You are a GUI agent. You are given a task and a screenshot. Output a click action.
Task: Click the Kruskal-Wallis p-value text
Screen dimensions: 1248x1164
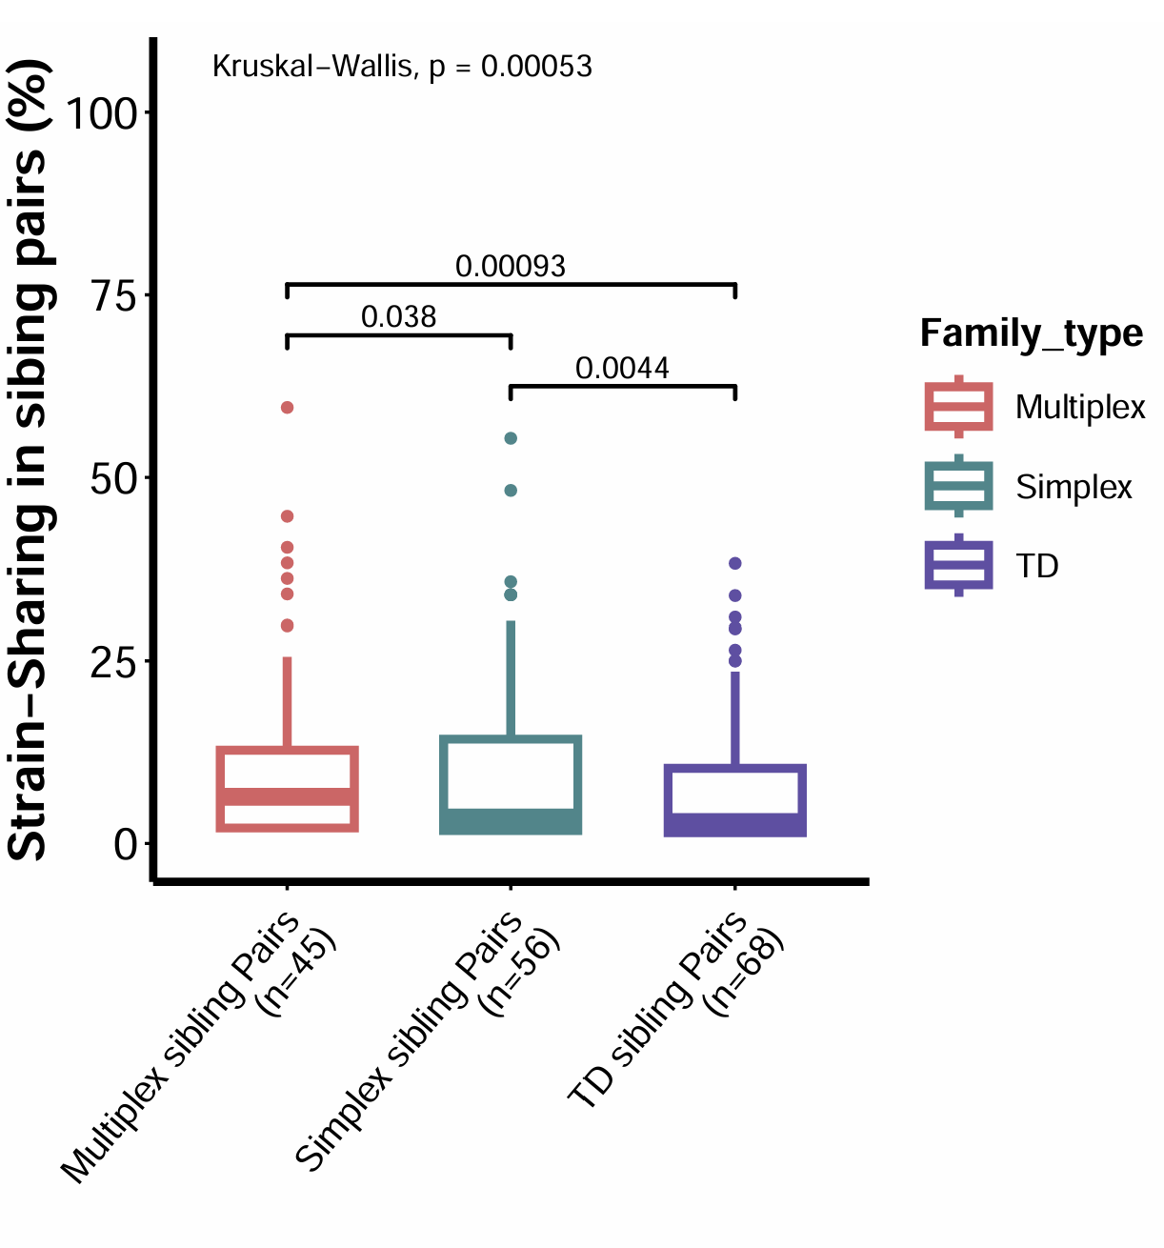pos(401,67)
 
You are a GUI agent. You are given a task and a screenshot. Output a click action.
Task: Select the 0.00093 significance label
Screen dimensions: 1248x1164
pos(510,267)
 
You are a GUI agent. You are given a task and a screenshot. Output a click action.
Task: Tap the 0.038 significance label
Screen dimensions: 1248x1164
pos(398,317)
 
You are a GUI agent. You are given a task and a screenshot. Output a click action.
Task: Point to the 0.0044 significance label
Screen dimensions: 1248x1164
pos(622,369)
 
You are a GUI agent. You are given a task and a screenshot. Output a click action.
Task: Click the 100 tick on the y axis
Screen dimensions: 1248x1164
pos(100,113)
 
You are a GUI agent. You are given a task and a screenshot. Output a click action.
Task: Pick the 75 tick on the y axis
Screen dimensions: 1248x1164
pos(113,296)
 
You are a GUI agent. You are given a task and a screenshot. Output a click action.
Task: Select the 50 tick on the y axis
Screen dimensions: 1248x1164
pos(113,479)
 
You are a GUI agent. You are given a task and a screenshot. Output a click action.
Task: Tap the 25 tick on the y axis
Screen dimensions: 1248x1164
pos(113,662)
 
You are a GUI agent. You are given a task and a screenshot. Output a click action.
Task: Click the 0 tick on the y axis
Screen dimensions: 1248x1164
pos(126,844)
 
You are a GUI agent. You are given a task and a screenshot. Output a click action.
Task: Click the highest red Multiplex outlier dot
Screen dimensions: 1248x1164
pos(287,408)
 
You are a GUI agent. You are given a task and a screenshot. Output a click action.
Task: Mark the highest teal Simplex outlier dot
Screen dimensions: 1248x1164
pos(511,438)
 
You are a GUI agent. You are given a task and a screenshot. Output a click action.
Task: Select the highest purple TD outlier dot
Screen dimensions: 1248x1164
pos(734,564)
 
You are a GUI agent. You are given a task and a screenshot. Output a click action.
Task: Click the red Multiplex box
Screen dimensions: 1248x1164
pos(287,790)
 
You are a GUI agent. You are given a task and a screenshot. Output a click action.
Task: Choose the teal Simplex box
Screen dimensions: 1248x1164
pos(511,785)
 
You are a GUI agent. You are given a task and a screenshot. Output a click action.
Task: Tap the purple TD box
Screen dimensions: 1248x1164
pos(734,800)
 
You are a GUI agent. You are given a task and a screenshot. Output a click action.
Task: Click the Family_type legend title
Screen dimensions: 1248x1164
pos(1032,333)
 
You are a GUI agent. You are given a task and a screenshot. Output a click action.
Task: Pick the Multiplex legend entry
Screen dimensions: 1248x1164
pos(1080,408)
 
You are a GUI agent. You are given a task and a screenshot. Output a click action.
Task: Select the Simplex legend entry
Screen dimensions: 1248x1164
pos(1074,488)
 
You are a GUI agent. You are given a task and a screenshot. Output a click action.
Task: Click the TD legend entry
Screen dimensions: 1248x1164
pos(1037,567)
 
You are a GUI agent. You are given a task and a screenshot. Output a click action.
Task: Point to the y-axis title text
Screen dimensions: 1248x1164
pos(29,459)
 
